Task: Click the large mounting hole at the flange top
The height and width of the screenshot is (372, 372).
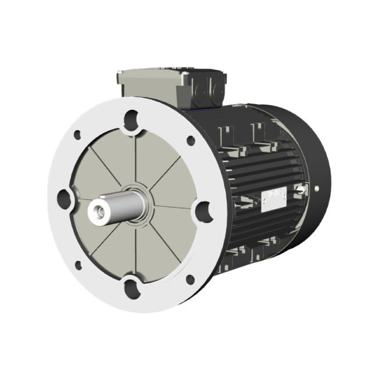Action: [132, 116]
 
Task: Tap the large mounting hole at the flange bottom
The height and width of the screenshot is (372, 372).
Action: [132, 286]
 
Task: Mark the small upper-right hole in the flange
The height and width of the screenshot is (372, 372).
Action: [190, 140]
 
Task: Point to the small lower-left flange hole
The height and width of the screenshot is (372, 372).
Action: [78, 266]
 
